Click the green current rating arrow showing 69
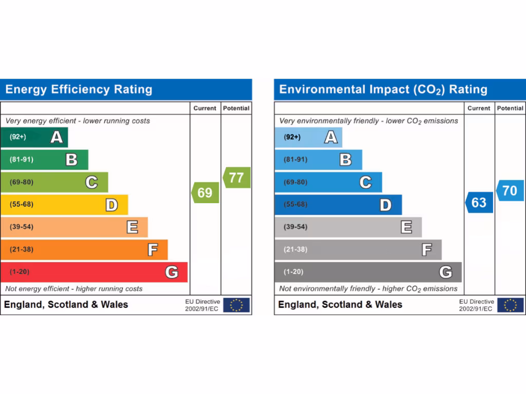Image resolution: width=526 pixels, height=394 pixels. (205, 193)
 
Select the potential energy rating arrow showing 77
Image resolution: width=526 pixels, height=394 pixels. (237, 178)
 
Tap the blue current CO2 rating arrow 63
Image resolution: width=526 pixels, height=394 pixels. (479, 203)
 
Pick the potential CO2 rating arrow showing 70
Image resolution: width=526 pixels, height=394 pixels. (510, 190)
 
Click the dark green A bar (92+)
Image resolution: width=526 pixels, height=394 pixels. (34, 137)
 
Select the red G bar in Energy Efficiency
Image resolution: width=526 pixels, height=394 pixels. (94, 272)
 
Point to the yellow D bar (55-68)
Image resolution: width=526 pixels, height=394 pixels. (64, 205)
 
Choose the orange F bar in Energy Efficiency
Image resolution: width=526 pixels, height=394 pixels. (84, 250)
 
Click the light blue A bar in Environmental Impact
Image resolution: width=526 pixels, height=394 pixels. (308, 137)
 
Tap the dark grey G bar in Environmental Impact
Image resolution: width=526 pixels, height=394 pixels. (368, 272)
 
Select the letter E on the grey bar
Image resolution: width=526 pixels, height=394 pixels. (406, 227)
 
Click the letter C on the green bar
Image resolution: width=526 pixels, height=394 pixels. (91, 182)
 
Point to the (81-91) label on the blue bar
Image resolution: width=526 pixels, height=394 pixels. (295, 160)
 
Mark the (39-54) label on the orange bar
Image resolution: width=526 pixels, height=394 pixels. (21, 227)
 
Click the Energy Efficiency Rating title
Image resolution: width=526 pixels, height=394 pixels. (79, 90)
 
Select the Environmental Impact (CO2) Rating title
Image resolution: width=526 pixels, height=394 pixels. (383, 90)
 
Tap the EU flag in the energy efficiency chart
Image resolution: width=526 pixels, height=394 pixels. (236, 305)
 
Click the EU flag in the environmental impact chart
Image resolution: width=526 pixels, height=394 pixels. (510, 305)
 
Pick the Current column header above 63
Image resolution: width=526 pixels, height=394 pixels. (479, 108)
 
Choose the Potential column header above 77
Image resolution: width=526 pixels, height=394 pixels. (236, 108)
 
